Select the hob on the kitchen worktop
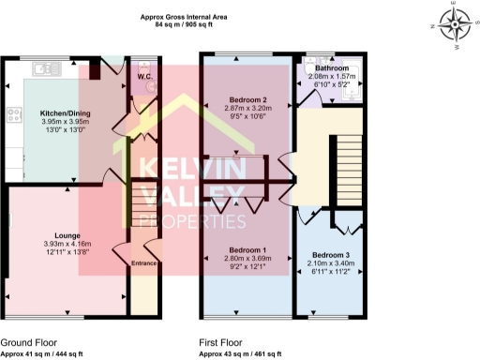14,116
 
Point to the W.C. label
144,77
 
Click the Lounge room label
65,234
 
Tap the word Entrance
142,264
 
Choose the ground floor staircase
143,208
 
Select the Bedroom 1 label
249,249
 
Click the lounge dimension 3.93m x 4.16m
65,244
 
